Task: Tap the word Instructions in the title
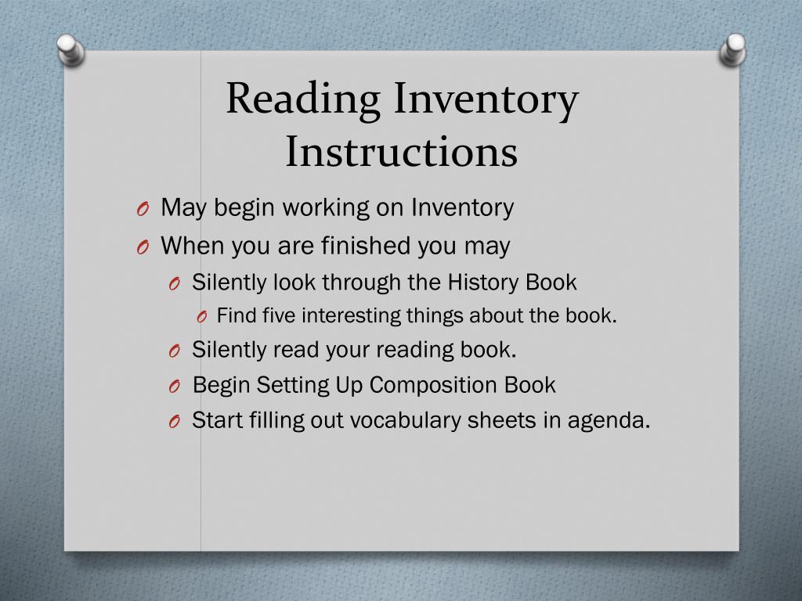[x=401, y=152]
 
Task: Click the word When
[x=187, y=247]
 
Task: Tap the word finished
[x=367, y=247]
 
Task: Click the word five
[x=279, y=316]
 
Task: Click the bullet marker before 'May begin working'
[x=142, y=210]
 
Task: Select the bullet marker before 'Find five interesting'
[x=201, y=317]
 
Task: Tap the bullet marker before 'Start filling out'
[x=175, y=422]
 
